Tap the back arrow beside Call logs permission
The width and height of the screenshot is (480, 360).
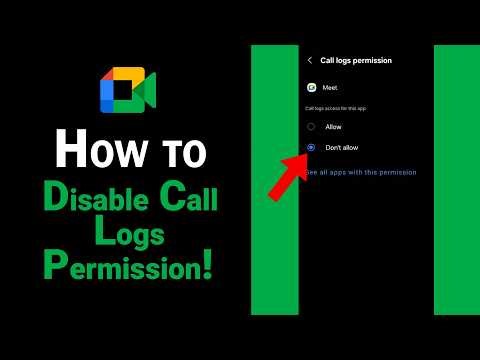(310, 60)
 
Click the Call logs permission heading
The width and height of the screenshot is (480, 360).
(356, 60)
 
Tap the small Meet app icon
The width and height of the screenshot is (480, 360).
(312, 87)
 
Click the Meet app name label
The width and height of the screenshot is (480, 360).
(330, 88)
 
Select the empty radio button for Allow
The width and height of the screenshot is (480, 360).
(312, 127)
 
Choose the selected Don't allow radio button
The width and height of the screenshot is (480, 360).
(312, 147)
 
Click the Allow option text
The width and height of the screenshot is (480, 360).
(333, 127)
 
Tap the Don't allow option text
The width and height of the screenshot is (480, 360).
(341, 147)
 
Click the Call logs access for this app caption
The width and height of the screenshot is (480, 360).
(335, 108)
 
